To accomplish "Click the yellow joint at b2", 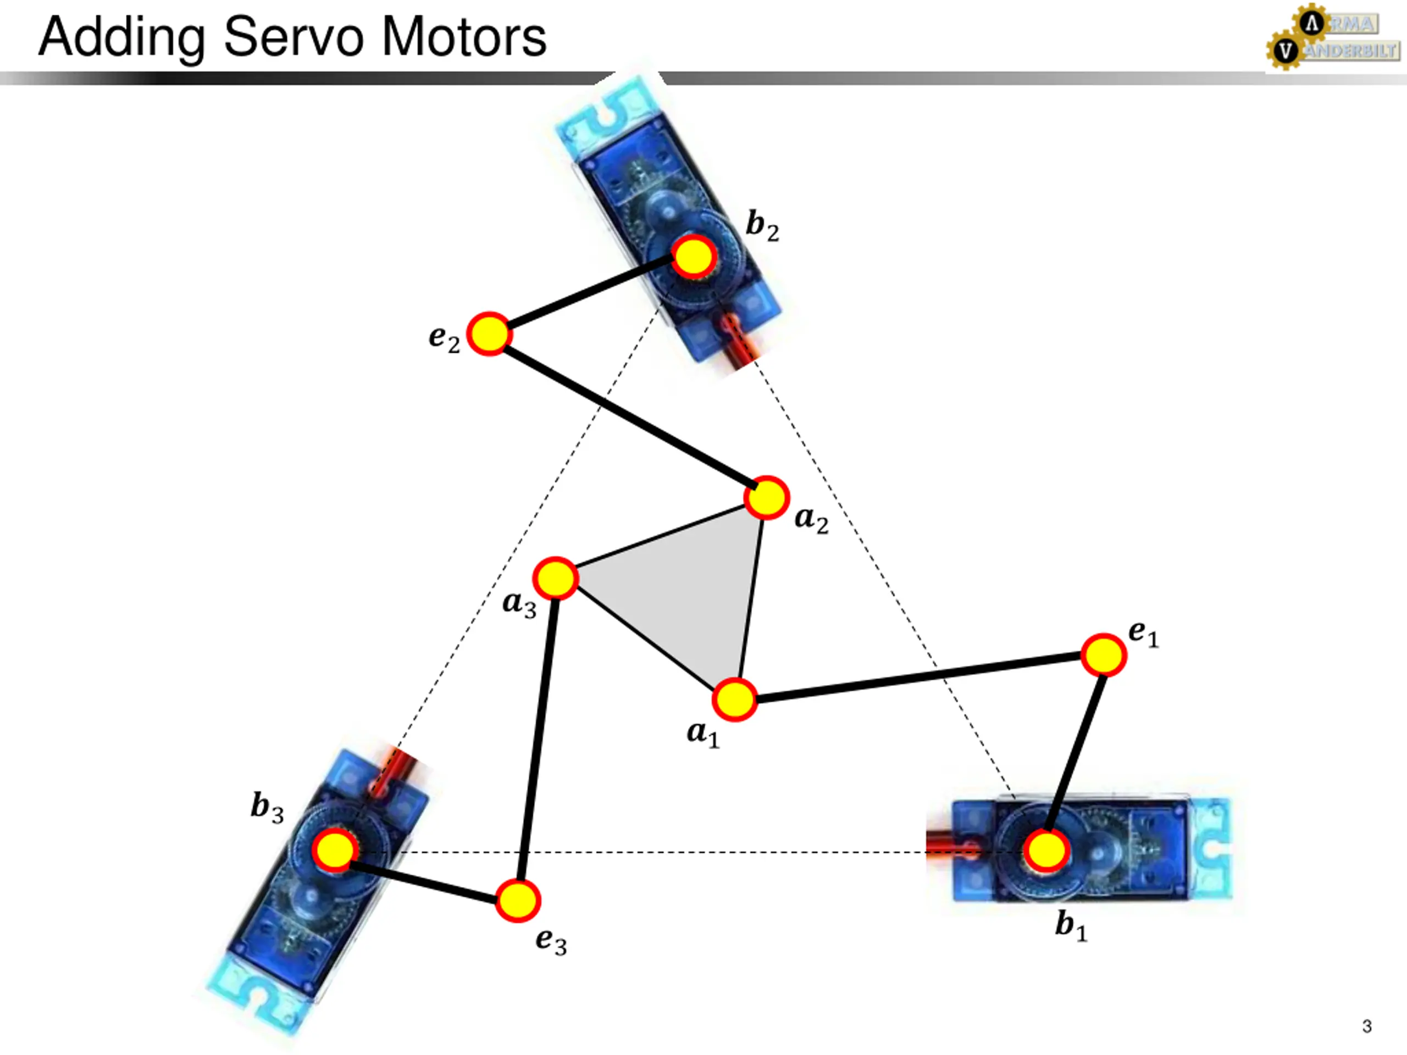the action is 695,256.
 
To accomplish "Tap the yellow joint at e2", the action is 489,334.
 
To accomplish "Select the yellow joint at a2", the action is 767,497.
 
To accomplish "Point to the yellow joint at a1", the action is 735,699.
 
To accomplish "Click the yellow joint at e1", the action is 1104,655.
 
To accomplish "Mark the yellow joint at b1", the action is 1046,851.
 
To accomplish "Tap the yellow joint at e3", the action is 518,901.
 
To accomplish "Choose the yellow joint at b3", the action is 335,851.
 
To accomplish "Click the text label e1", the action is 1144,634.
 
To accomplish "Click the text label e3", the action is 551,941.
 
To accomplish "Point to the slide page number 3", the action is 1367,1026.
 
